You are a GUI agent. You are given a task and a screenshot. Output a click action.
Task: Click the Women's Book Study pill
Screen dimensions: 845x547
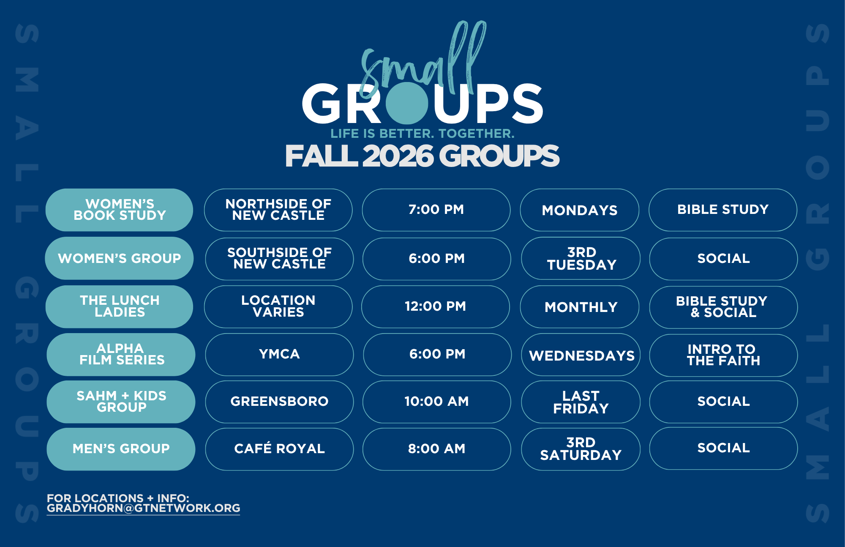click(119, 210)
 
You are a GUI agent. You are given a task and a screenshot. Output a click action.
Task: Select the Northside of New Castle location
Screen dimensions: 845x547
click(278, 210)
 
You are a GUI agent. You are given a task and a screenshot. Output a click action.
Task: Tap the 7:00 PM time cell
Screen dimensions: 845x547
click(436, 210)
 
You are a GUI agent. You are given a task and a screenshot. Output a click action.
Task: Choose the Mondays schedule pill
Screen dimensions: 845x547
click(579, 210)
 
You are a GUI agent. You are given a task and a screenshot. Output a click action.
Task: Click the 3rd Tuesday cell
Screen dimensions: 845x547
click(581, 258)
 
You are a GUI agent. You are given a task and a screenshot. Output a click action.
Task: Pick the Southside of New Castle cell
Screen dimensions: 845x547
click(279, 259)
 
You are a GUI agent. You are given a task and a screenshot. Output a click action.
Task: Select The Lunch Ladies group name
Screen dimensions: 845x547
click(119, 306)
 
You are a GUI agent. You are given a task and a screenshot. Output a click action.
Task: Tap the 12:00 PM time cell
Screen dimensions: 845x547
click(435, 306)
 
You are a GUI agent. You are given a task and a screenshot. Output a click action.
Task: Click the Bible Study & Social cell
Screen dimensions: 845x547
click(723, 307)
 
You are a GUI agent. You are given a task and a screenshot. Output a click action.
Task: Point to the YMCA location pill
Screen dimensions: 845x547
click(279, 354)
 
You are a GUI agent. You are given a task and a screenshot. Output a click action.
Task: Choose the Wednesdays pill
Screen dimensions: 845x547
click(581, 354)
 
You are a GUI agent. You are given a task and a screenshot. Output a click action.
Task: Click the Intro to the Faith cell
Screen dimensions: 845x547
click(723, 355)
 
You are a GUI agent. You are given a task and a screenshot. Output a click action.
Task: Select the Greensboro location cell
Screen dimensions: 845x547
click(279, 402)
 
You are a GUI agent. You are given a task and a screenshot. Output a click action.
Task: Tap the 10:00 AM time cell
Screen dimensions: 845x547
click(436, 402)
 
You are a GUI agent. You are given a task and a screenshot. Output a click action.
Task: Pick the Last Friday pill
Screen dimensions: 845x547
click(581, 402)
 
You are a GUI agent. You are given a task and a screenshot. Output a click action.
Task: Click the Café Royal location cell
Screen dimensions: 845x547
click(279, 449)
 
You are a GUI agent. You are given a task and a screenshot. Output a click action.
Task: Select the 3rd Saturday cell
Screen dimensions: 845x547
click(581, 449)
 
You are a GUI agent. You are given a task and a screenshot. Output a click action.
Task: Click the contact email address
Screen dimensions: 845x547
click(143, 508)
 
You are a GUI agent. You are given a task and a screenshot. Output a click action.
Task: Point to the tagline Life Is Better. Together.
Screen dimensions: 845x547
click(422, 134)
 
